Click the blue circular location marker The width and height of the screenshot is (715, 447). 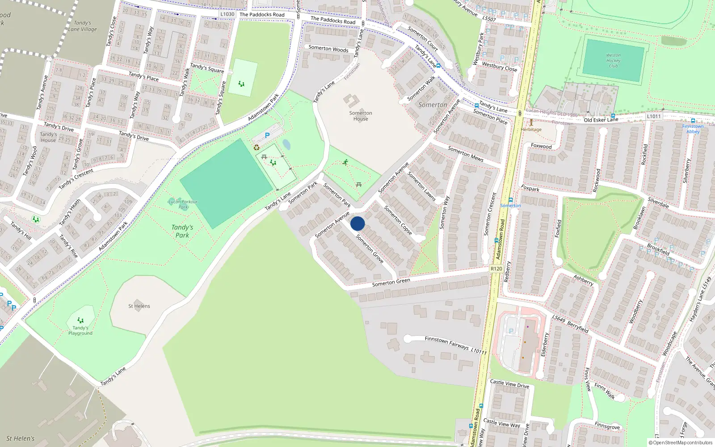coord(357,223)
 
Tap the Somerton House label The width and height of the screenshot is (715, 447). coord(361,116)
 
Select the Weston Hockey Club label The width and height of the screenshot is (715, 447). coord(613,61)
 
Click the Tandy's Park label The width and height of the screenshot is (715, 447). coord(182,231)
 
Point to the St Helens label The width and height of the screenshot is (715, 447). coord(139,306)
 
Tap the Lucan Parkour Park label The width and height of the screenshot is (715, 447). coord(183,204)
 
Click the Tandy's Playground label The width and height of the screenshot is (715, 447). coord(80,330)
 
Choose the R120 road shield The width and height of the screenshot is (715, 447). coord(496,269)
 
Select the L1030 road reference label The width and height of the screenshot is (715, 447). coord(227,14)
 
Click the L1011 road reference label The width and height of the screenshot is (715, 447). coord(654,116)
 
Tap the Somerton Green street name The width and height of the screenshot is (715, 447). coord(391,282)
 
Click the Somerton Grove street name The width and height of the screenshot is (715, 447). coord(370,249)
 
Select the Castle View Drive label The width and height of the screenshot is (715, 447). coord(509,384)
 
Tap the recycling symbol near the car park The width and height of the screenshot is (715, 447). coord(257,148)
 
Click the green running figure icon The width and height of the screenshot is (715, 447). coord(345,162)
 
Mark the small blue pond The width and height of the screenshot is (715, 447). coord(286,145)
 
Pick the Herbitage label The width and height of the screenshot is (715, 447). coord(531,130)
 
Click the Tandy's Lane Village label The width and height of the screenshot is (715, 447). coord(82,26)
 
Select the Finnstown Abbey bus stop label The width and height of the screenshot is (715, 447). coord(693,129)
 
